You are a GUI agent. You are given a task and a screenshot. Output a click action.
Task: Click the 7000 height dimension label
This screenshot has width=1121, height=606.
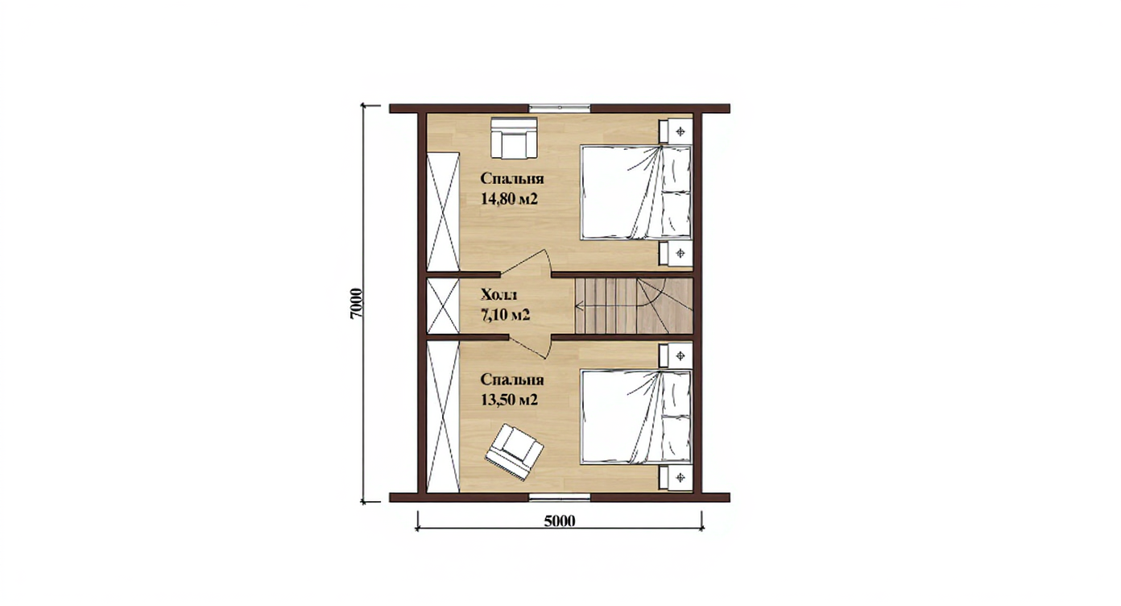click(355, 304)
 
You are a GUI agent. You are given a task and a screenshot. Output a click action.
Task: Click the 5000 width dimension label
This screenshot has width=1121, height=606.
click(560, 521)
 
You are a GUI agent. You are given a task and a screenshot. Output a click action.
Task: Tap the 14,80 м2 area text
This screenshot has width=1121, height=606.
click(509, 199)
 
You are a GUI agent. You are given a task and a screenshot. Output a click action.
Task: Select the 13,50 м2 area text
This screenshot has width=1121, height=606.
click(509, 401)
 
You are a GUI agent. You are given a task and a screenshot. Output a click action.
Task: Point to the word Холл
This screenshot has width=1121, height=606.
click(499, 294)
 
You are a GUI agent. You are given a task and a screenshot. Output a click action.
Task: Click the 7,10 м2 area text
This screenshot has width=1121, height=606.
click(505, 315)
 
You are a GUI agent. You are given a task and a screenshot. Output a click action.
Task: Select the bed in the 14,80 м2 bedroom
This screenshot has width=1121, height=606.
click(636, 192)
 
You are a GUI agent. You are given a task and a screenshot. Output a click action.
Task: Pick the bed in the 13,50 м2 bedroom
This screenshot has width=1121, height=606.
click(636, 417)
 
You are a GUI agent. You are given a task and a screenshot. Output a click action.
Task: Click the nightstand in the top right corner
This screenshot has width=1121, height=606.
click(676, 131)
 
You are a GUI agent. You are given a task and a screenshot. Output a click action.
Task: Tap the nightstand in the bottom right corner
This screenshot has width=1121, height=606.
click(676, 478)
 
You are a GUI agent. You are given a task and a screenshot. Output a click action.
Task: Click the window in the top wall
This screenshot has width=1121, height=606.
click(560, 107)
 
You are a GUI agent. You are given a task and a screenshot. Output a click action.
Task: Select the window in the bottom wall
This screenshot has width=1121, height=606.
click(560, 497)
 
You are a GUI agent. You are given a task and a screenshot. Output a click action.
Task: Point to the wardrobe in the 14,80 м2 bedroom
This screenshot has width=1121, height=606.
click(443, 213)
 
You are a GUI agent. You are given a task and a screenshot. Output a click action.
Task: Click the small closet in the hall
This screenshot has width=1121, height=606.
click(443, 306)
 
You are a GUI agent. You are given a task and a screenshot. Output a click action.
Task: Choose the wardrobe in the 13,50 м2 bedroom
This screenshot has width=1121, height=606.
click(443, 417)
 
